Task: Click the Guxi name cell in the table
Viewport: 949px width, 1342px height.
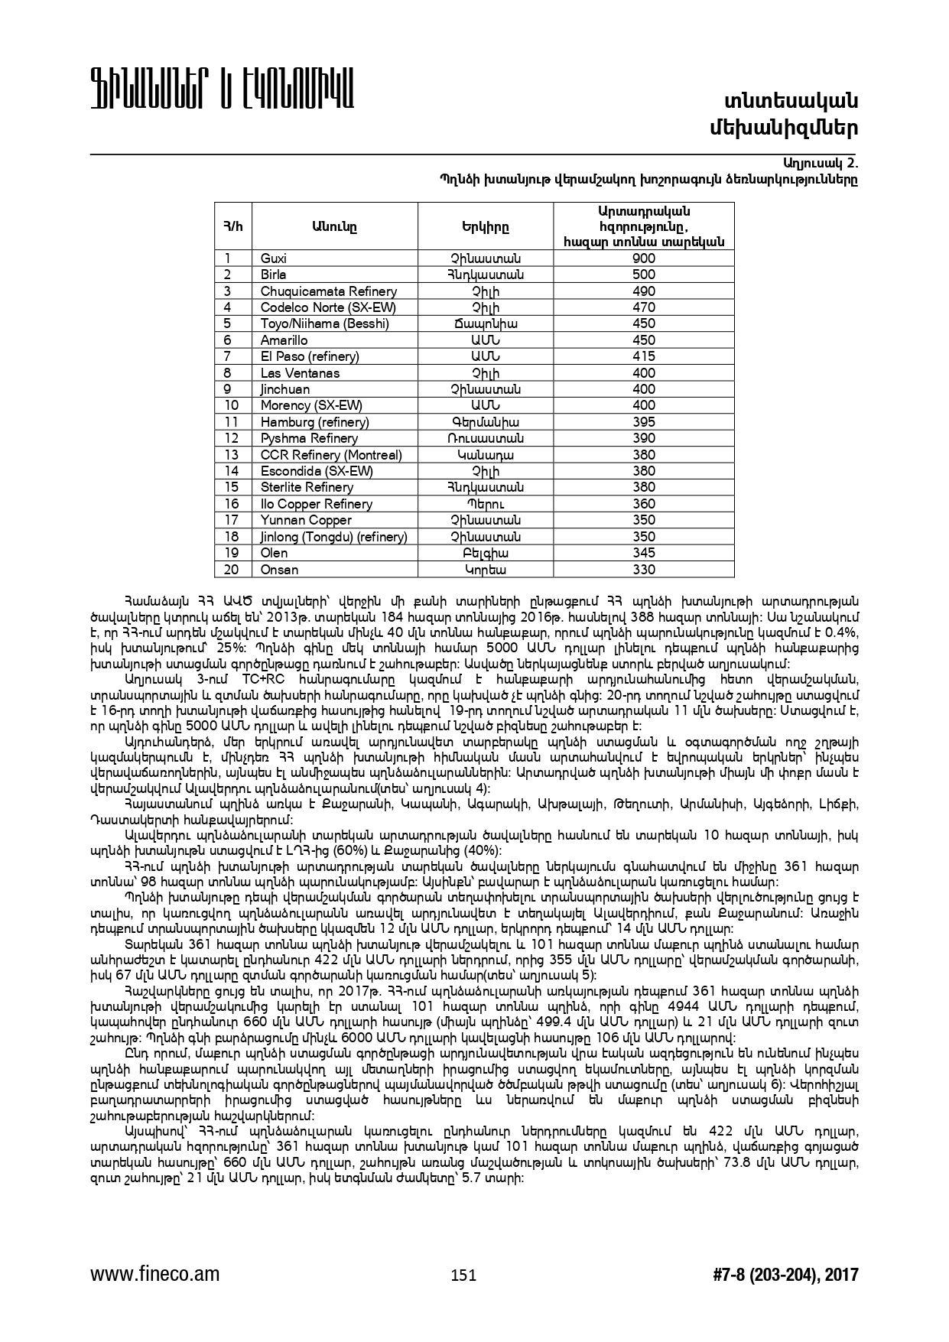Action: (274, 258)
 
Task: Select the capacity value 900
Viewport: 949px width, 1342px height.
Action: (644, 258)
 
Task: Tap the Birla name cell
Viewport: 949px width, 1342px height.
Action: (274, 275)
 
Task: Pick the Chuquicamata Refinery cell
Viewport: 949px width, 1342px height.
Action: (329, 291)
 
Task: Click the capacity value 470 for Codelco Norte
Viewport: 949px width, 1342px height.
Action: (644, 307)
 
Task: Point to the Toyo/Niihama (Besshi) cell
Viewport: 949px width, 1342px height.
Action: (325, 323)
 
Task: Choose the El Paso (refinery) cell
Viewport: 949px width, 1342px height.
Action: (310, 356)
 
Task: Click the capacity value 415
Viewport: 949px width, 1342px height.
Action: (644, 356)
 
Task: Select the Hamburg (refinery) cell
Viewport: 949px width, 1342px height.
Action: (315, 422)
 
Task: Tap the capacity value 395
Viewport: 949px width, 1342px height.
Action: (644, 422)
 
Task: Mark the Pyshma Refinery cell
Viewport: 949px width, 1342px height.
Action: (309, 438)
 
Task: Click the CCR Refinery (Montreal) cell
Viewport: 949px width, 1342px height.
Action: (331, 455)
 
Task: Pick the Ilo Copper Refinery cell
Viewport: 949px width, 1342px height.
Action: (317, 504)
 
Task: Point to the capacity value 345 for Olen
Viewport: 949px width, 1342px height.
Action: (644, 553)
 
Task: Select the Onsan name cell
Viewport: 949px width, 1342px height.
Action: (280, 570)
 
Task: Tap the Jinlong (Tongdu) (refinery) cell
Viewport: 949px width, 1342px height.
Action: (334, 537)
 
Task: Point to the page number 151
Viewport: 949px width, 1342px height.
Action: (463, 1275)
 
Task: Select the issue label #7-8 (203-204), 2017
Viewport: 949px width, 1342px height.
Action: (785, 1275)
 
